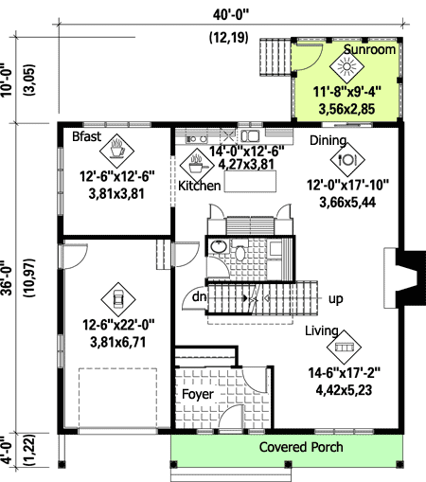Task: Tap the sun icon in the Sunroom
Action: pyautogui.click(x=346, y=67)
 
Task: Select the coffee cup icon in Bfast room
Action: pyautogui.click(x=117, y=149)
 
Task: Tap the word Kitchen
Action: pyautogui.click(x=200, y=187)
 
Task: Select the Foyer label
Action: pyautogui.click(x=198, y=394)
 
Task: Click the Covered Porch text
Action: pyautogui.click(x=301, y=447)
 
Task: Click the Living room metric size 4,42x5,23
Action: pyautogui.click(x=346, y=387)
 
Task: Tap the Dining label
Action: pyautogui.click(x=328, y=139)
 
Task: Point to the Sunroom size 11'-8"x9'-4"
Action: pyautogui.click(x=359, y=92)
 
